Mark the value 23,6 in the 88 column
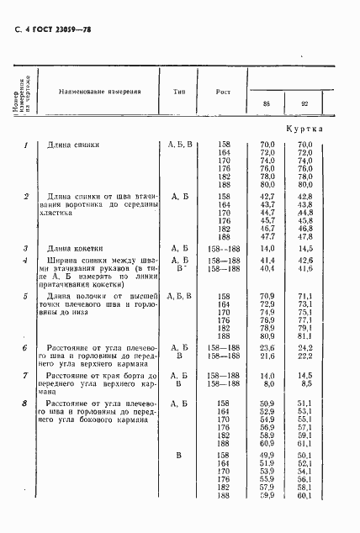point(267,347)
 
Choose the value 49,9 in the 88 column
point(267,455)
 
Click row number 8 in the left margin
point(26,404)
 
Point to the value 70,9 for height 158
point(267,296)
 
